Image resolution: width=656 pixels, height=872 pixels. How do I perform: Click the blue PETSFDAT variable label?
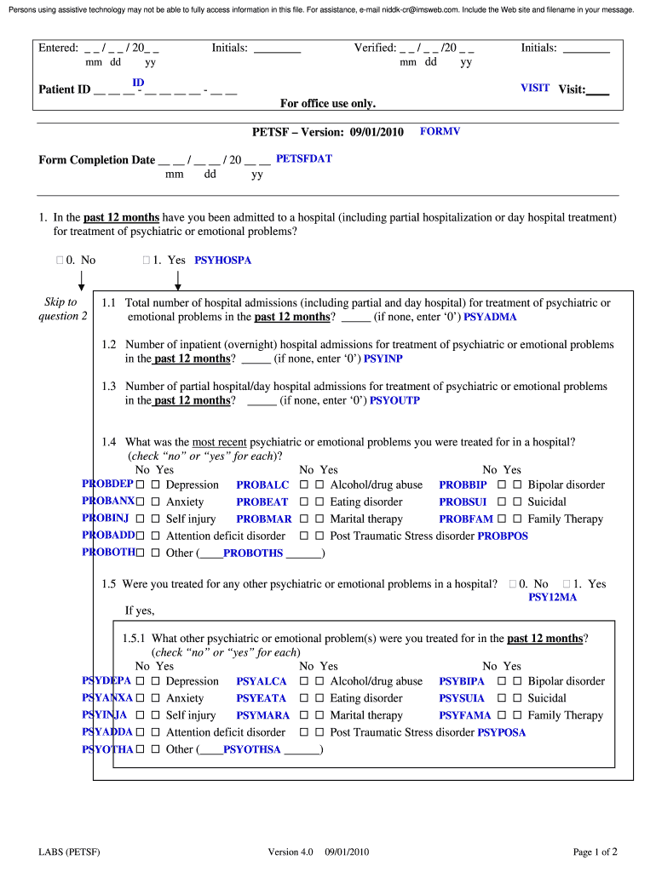point(304,158)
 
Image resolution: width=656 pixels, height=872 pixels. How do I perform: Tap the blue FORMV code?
point(440,132)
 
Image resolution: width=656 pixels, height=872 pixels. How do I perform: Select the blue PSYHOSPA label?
point(223,261)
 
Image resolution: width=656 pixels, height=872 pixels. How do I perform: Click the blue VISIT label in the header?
point(535,88)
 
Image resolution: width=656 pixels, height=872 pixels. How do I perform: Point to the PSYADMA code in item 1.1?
point(490,317)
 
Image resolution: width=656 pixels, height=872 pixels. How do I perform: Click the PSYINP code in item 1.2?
point(383,359)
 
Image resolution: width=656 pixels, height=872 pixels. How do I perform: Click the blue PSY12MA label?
point(553,598)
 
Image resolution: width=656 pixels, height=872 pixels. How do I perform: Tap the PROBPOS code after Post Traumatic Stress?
point(503,536)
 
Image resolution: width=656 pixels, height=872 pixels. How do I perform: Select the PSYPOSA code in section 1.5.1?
point(502,732)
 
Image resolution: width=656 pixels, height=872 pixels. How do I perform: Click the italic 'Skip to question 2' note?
point(60,309)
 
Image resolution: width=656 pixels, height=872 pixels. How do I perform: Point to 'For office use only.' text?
point(328,104)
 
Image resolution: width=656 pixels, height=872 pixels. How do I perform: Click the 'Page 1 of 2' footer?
point(595,852)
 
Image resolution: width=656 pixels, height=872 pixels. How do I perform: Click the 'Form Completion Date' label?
point(97,160)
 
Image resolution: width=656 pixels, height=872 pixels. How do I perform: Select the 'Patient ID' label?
point(65,89)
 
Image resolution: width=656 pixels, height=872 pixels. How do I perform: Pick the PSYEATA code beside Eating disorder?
point(262,698)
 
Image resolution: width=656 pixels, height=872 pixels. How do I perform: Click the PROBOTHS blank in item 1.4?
point(253,554)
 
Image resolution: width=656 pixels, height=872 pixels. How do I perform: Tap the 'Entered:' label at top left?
point(58,49)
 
